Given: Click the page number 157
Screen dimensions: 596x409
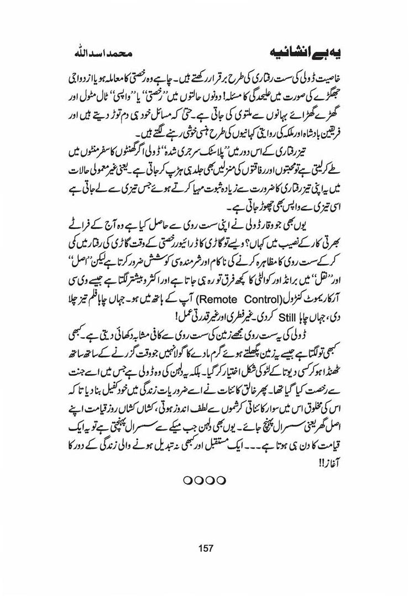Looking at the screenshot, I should [x=204, y=548].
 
